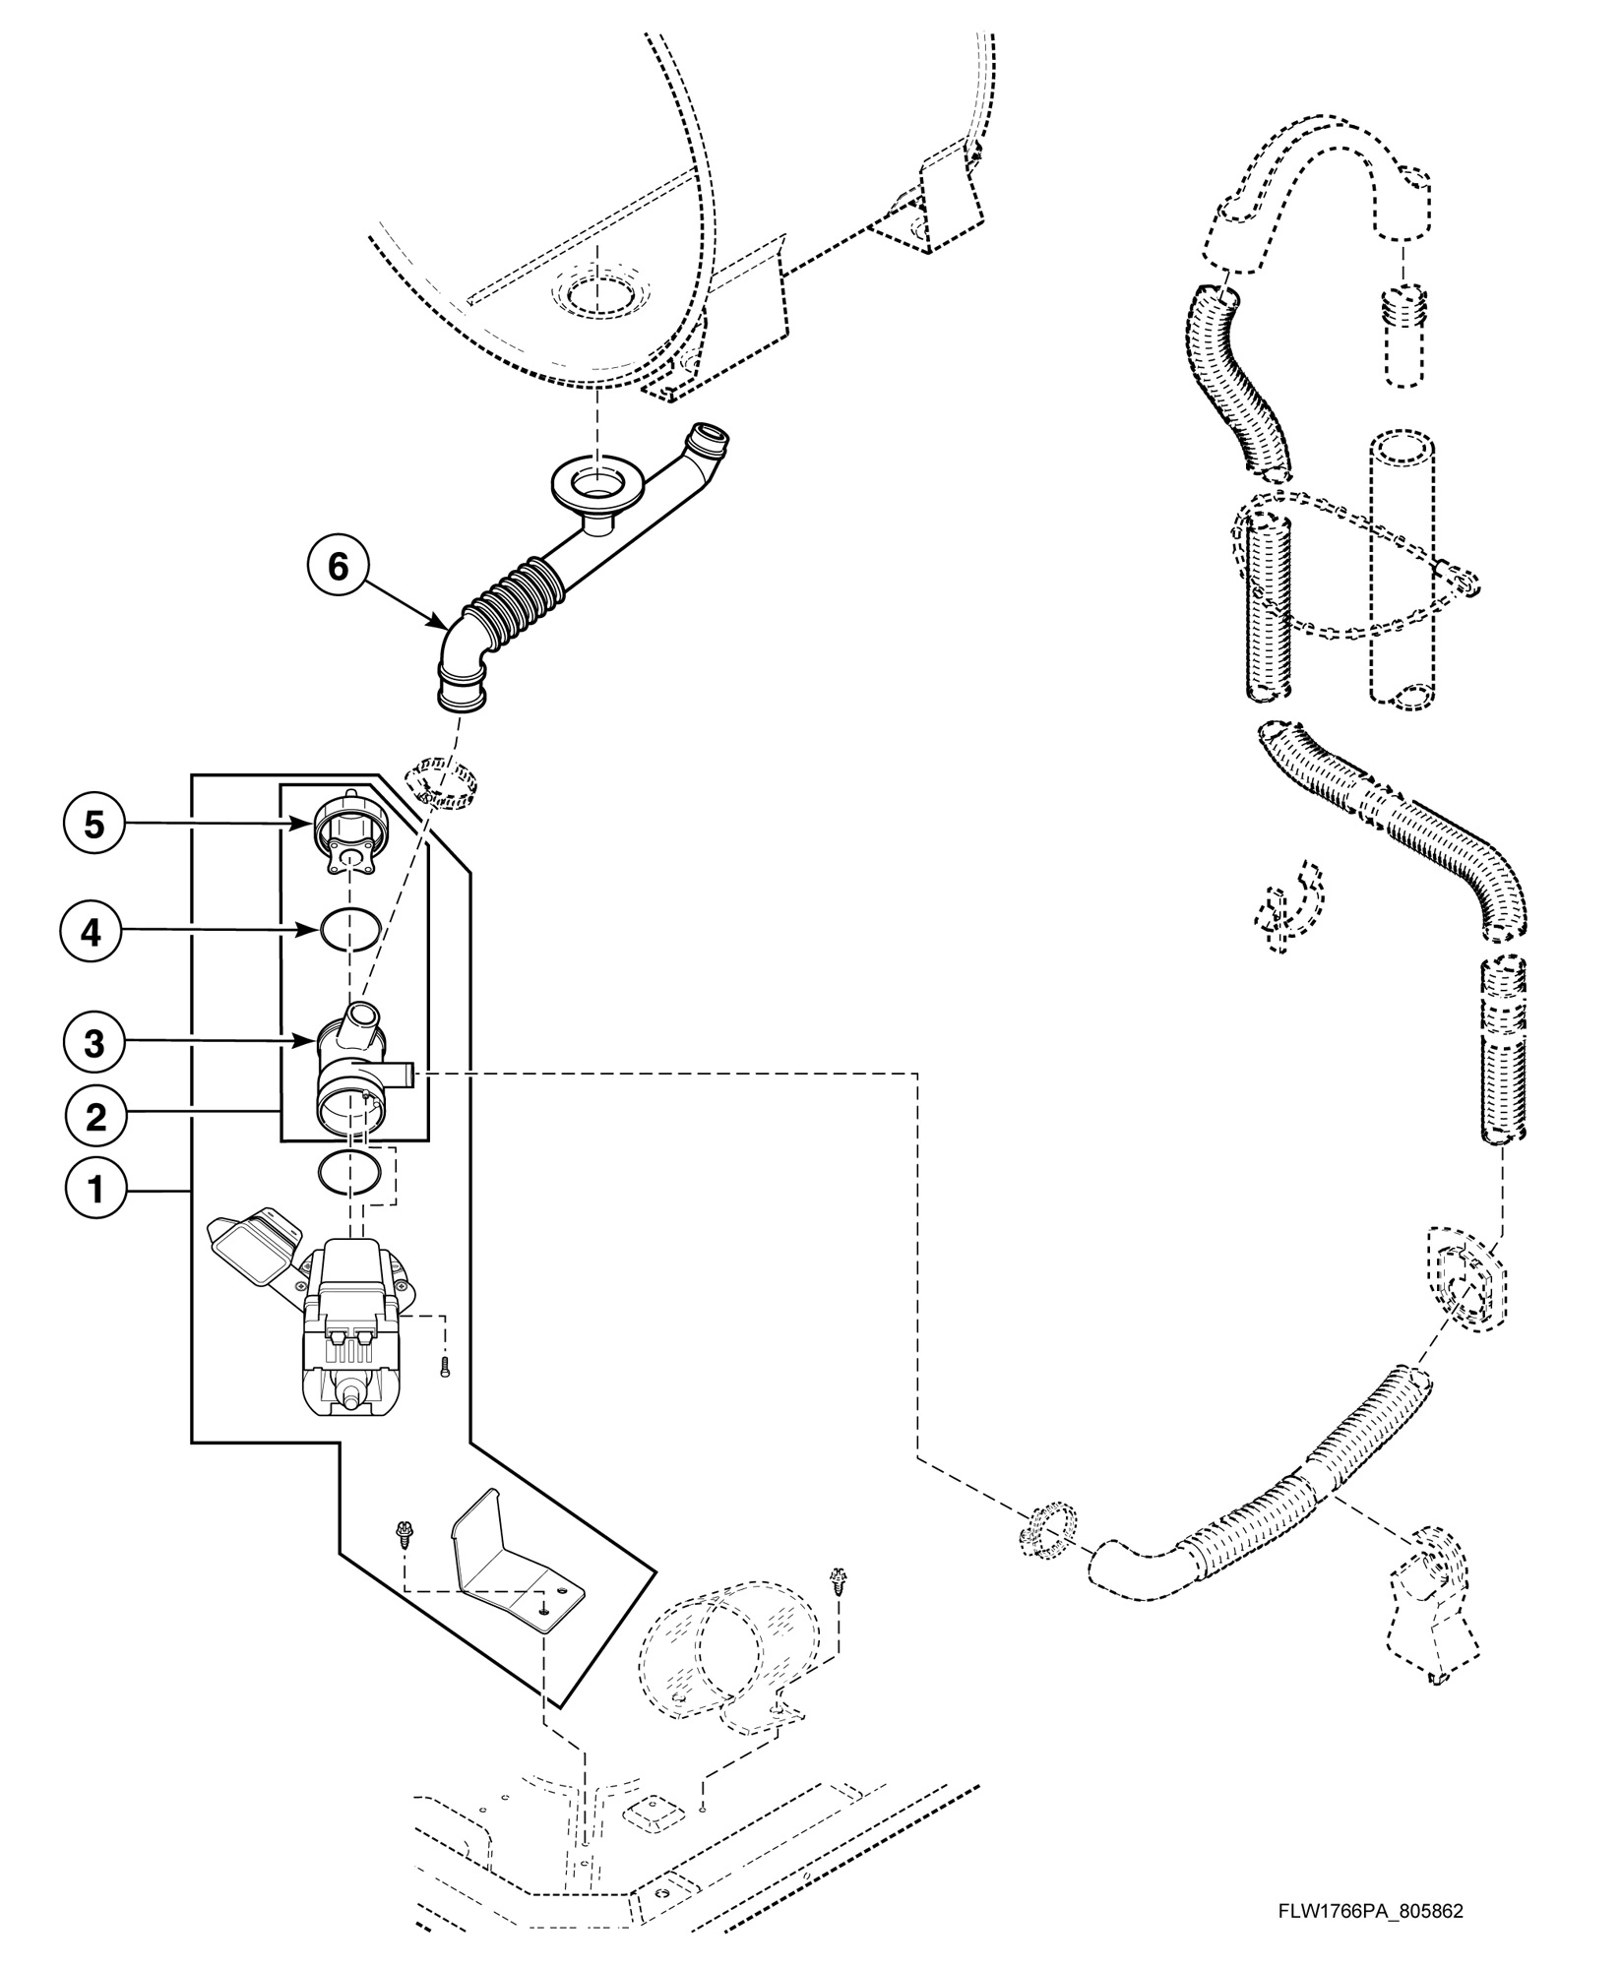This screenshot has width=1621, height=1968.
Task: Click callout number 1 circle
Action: point(95,1191)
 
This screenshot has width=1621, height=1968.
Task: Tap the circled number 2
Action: point(95,1117)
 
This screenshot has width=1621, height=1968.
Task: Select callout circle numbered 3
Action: point(94,1043)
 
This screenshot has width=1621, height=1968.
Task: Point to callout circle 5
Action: point(94,824)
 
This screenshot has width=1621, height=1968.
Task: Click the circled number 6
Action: point(338,568)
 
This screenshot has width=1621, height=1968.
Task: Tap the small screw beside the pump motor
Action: point(445,1366)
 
